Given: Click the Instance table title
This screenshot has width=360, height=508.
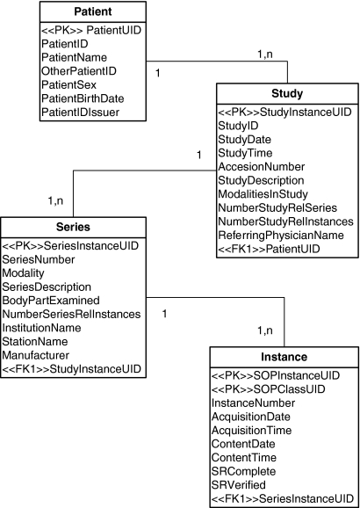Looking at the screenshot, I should pyautogui.click(x=284, y=357).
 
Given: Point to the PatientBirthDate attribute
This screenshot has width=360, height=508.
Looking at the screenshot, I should pyautogui.click(x=83, y=98).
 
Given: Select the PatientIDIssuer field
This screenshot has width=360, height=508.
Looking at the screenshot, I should pyautogui.click(x=80, y=112).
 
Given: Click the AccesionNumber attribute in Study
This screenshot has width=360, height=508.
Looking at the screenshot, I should pyautogui.click(x=261, y=166).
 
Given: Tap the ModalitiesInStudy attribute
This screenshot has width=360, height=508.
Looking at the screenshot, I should pyautogui.click(x=267, y=193).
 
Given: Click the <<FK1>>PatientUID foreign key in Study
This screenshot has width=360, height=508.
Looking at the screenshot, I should pyautogui.click(x=268, y=250).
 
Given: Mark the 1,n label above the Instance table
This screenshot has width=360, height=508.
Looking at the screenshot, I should pyautogui.click(x=266, y=330).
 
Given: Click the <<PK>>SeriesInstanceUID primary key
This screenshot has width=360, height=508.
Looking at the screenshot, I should pyautogui.click(x=69, y=245).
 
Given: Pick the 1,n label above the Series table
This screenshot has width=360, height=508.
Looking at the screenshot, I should pyautogui.click(x=54, y=201).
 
